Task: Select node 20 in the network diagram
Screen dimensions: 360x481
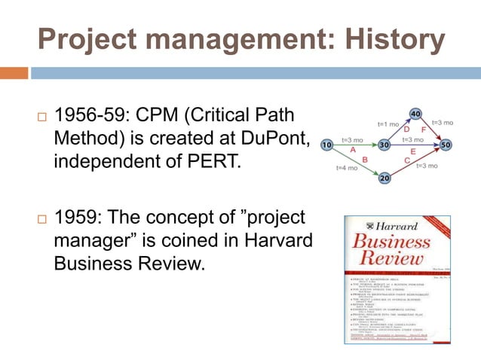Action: coord(384,178)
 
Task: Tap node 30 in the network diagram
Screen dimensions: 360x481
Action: coord(384,144)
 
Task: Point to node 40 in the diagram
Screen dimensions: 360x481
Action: coord(415,114)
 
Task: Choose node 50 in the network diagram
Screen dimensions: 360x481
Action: coord(446,144)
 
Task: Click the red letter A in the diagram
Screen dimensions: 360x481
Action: coord(352,151)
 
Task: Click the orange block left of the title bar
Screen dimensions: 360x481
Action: coord(14,73)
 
